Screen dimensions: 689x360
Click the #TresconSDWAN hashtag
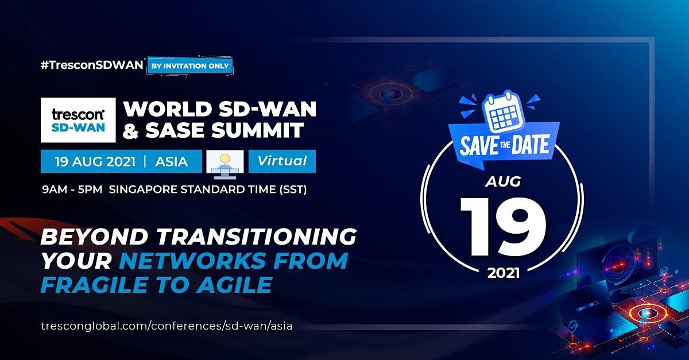[x=92, y=65]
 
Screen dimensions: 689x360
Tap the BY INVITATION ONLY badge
[x=190, y=66]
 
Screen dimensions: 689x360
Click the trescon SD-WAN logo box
[x=78, y=120]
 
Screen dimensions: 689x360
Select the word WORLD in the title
[x=168, y=109]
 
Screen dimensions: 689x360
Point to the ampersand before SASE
[x=131, y=130]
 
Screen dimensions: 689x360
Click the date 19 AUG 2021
[x=95, y=161]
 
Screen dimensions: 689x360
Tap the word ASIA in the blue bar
[x=171, y=161]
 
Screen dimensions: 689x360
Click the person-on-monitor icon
[x=225, y=165]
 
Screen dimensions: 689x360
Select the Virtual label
[x=282, y=161]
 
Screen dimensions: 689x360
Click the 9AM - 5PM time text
[x=72, y=189]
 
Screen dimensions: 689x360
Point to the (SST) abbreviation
[x=293, y=189]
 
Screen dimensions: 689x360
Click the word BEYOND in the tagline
[x=94, y=237]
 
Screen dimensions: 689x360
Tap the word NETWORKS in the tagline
[x=192, y=261]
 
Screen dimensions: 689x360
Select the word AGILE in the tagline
[x=234, y=285]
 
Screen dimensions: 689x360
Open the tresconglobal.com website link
[x=167, y=326]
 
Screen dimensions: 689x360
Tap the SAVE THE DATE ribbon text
[x=504, y=145]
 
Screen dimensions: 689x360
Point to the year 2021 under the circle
[x=504, y=273]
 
